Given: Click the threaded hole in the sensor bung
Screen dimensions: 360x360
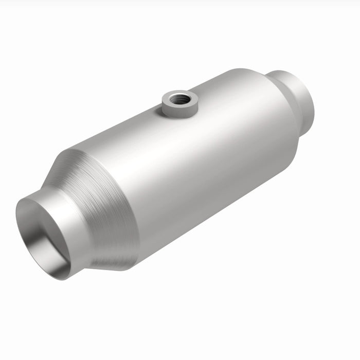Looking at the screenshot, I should pos(179,98).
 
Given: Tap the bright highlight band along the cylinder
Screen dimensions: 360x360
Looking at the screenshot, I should pos(170,139).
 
